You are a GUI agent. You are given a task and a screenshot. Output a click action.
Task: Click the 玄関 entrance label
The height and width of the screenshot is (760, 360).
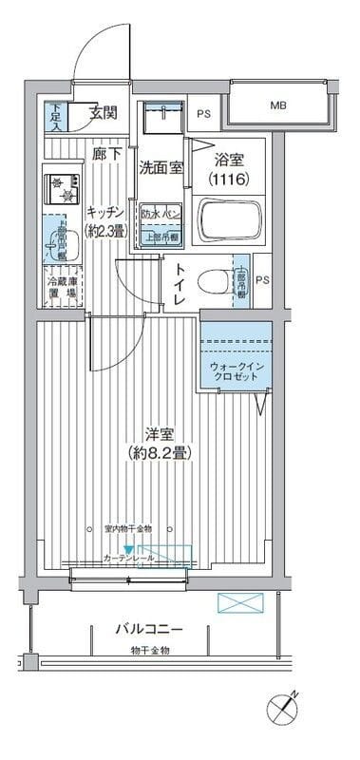click(x=104, y=112)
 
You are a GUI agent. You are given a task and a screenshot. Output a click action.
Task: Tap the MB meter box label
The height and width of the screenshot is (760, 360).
click(x=277, y=105)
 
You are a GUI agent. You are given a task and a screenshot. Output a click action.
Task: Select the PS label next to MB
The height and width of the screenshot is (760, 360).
click(x=203, y=113)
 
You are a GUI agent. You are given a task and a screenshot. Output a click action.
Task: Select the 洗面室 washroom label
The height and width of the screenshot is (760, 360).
click(x=161, y=169)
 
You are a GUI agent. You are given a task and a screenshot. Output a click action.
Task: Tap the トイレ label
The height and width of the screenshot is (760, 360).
click(x=178, y=284)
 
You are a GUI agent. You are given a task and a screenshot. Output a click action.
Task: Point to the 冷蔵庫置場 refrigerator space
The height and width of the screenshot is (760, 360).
click(x=63, y=287)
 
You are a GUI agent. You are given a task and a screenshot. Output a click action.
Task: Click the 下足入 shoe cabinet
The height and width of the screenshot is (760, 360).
click(x=56, y=116)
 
